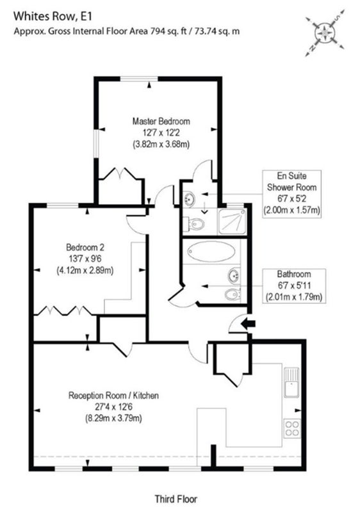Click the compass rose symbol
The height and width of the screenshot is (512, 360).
325,33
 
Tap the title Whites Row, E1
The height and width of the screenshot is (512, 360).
53,17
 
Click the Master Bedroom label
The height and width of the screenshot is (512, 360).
161,122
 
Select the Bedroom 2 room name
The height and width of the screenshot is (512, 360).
85,247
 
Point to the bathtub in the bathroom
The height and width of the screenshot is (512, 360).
211,252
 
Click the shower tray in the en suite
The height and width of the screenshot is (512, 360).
233,221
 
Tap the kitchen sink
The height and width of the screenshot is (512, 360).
291,382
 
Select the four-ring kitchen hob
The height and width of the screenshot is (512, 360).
291,428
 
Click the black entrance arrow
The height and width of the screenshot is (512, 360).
249,324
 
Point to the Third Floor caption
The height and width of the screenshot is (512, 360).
176,499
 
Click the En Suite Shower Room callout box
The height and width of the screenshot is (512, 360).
291,194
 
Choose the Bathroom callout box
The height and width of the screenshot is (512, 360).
294,285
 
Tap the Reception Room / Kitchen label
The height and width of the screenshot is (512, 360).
113,396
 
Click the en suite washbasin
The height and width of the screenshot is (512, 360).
189,198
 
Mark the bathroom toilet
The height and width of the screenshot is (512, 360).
233,294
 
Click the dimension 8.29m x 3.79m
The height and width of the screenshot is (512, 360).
113,419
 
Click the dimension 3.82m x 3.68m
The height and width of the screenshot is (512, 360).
161,144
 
